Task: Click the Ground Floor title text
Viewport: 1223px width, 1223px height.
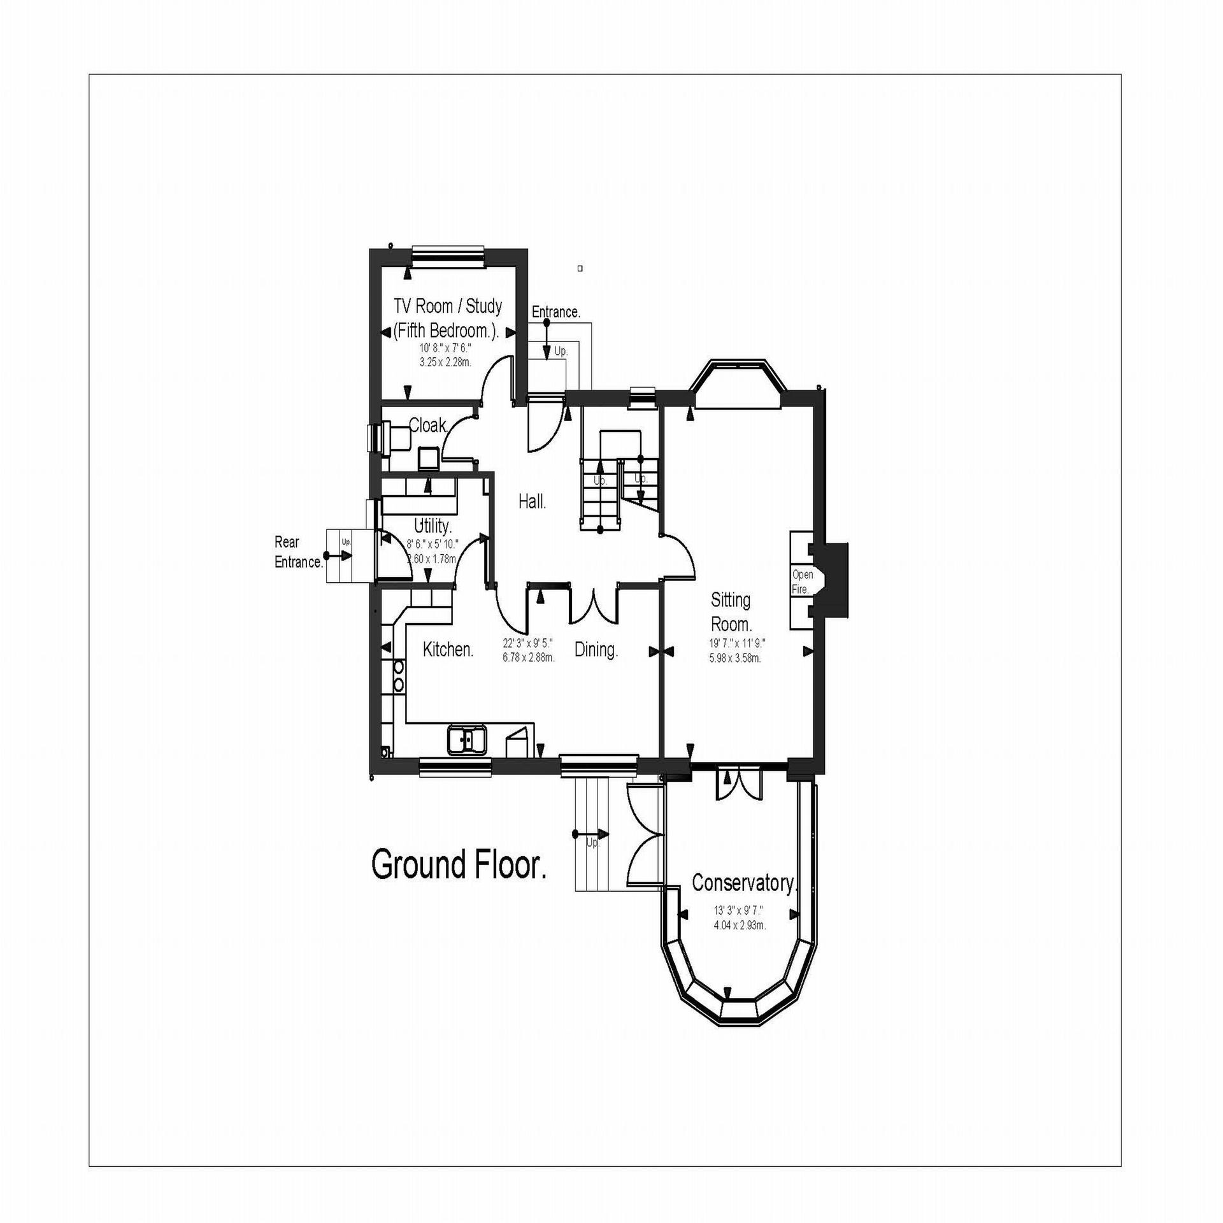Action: click(459, 864)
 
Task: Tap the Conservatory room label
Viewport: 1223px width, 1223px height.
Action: click(744, 883)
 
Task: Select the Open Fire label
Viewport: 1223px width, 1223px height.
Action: click(802, 582)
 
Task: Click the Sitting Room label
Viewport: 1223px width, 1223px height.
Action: click(731, 611)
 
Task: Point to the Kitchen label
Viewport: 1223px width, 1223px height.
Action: click(448, 650)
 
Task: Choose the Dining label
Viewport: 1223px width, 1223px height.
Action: click(596, 650)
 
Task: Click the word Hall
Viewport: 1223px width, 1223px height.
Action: click(532, 502)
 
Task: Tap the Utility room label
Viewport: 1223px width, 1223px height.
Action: click(433, 526)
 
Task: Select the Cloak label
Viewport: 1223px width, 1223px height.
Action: click(429, 425)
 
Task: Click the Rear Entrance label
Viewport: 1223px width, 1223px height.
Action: click(298, 552)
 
